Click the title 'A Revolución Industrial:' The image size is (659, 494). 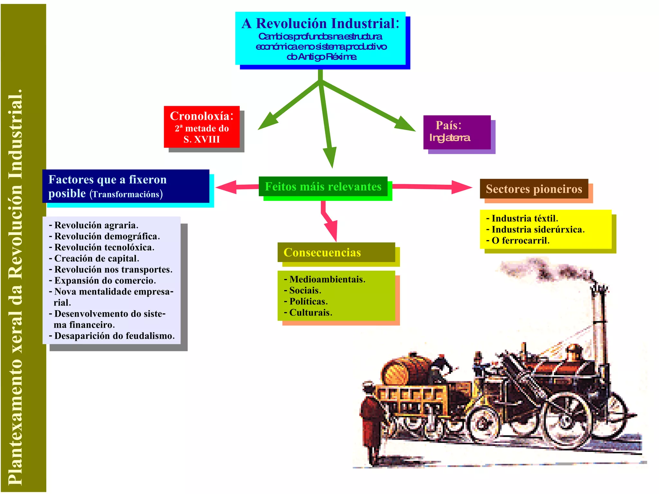pos(320,23)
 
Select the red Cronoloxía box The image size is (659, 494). pos(202,127)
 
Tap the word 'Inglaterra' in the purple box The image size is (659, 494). pos(450,138)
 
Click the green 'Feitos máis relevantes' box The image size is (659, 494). pos(323,186)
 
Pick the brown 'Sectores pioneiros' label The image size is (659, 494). pos(534,189)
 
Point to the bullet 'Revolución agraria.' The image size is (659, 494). pos(96,225)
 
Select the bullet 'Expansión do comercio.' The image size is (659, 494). pos(105,280)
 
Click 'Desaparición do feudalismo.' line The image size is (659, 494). pos(114,336)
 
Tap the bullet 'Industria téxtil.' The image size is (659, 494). pos(524,219)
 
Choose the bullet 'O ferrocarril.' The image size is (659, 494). pos(520,240)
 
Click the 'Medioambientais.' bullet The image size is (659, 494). pos(327,279)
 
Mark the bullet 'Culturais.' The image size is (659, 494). pos(311,312)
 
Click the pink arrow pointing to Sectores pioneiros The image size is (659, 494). pos(431,187)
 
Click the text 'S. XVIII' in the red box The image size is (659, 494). pos(202,139)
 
